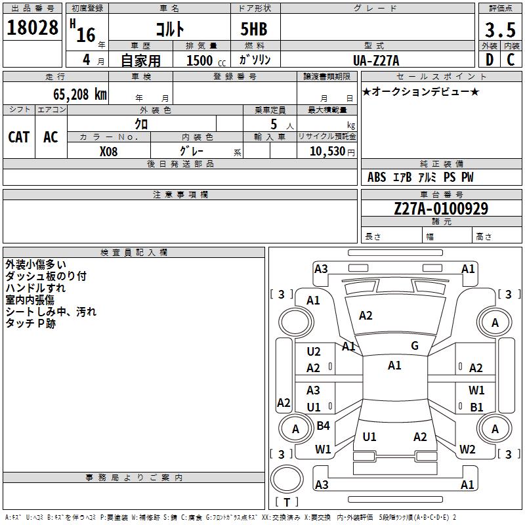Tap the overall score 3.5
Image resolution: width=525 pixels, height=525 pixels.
499,30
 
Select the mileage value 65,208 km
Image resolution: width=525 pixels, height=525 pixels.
75,94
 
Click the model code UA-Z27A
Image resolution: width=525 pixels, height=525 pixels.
376,60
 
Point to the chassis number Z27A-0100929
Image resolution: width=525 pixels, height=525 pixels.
441,209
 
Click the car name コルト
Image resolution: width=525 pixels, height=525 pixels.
169,30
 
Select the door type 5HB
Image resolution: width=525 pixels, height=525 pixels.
249,30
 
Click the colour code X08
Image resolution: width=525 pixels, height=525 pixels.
109,151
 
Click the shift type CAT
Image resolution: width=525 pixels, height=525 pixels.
19,136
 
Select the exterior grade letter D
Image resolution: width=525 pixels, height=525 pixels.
489,60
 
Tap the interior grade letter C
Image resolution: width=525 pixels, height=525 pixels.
511,60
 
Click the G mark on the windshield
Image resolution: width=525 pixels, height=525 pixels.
415,346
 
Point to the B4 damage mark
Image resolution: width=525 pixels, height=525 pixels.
323,426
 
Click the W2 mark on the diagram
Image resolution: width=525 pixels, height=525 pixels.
467,450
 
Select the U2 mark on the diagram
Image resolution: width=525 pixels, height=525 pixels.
314,352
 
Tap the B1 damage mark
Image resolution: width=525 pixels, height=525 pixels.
477,407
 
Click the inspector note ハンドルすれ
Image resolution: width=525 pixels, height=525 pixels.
35,288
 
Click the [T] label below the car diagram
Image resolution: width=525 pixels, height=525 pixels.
286,502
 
